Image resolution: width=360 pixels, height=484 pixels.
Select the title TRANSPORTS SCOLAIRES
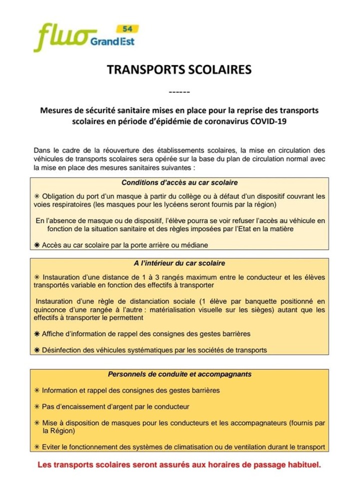179,69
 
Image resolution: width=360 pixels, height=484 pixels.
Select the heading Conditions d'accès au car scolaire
179,183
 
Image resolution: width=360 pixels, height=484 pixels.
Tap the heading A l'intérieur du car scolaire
179,263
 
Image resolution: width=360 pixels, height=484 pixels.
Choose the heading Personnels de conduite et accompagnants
179,374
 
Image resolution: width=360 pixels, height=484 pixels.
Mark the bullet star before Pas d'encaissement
37,407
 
